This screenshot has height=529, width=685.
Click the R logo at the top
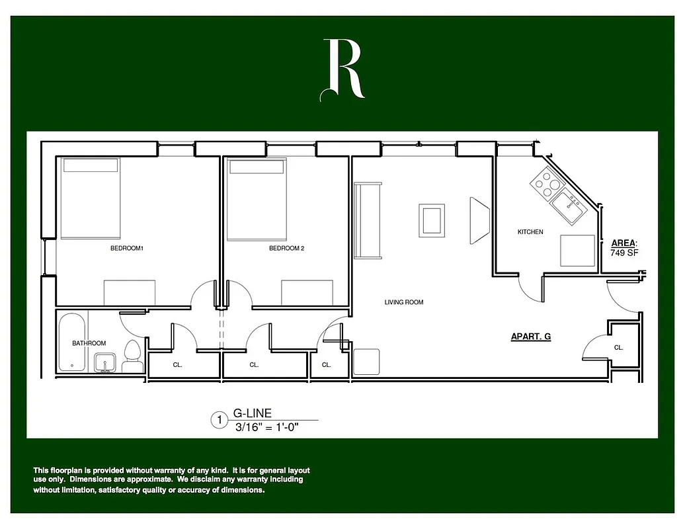[x=342, y=69]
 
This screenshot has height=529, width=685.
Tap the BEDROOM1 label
[x=127, y=249]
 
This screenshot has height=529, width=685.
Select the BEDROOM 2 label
[x=286, y=249]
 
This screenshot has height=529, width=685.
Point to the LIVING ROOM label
[x=404, y=302]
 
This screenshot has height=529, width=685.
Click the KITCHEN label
[x=530, y=232]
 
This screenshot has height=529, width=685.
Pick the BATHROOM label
[x=89, y=343]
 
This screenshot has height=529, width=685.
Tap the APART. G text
[x=531, y=337]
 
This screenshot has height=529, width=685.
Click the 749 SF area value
[x=624, y=253]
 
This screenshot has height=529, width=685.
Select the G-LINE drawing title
[x=253, y=414]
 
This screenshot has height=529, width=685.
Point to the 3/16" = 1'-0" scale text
[x=267, y=427]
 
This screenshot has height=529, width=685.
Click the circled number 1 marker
[x=217, y=420]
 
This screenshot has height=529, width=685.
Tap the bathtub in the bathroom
[x=71, y=342]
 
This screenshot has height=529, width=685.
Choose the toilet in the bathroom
[x=132, y=357]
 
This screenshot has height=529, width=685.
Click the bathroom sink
[x=105, y=362]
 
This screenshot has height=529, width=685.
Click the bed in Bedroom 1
[x=91, y=198]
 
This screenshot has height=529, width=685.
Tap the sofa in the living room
[x=368, y=221]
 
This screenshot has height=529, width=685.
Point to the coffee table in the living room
[x=432, y=221]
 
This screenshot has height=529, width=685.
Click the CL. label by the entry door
[x=618, y=347]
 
